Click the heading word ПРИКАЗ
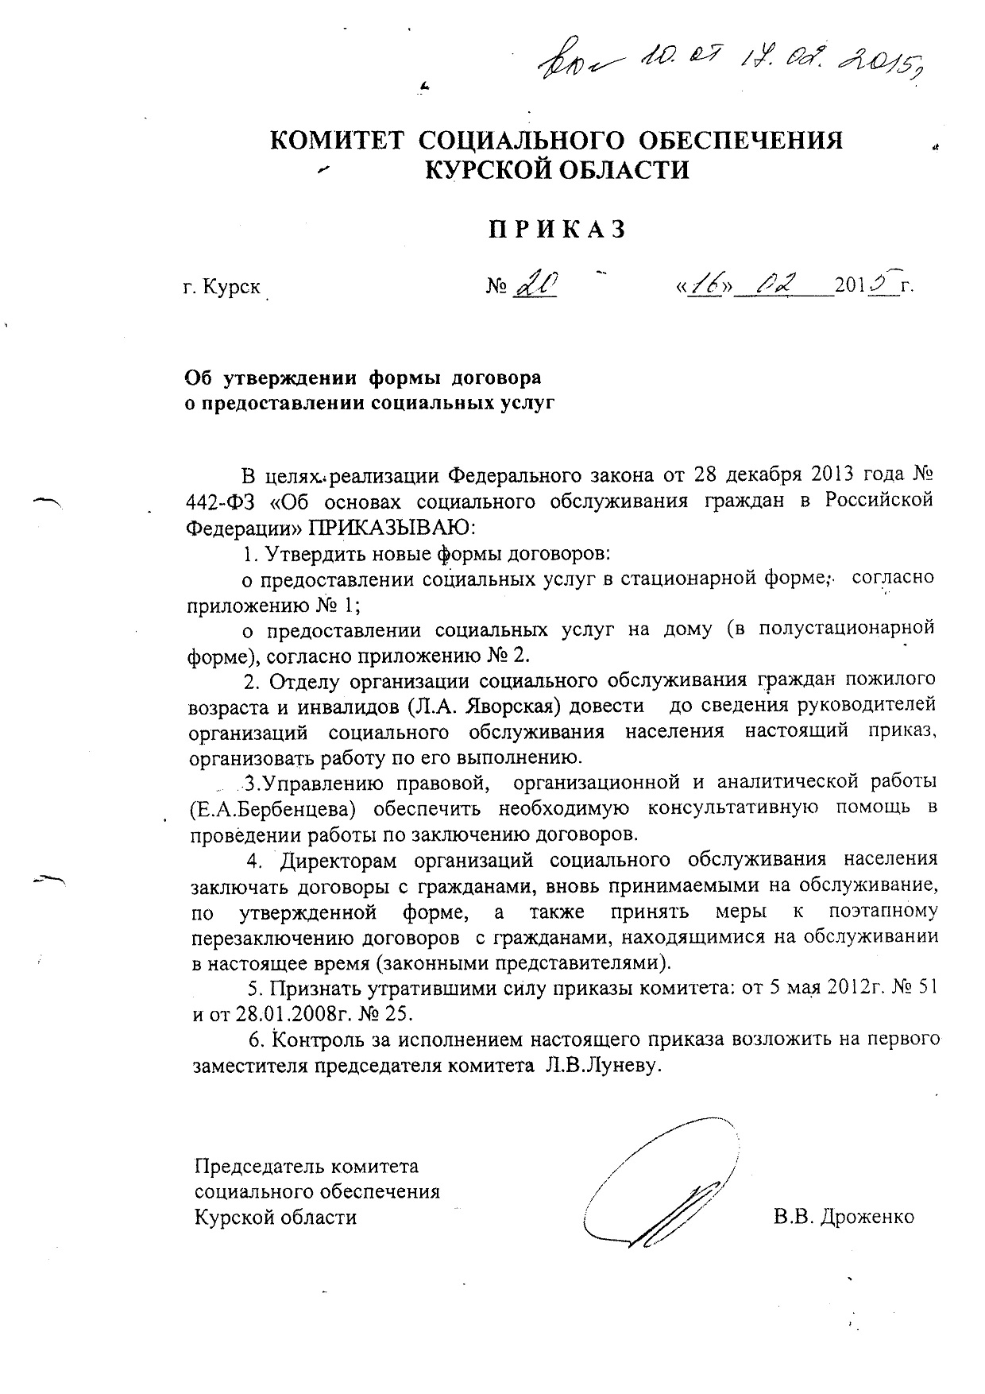tap(555, 230)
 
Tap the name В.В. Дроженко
tap(844, 1217)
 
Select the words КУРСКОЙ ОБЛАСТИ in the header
tap(556, 169)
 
